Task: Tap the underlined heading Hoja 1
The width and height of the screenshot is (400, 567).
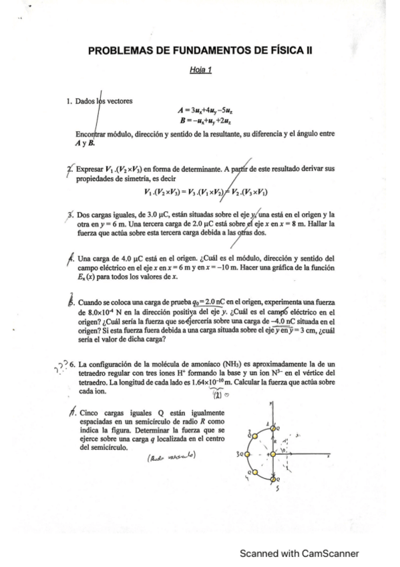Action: [200, 70]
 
